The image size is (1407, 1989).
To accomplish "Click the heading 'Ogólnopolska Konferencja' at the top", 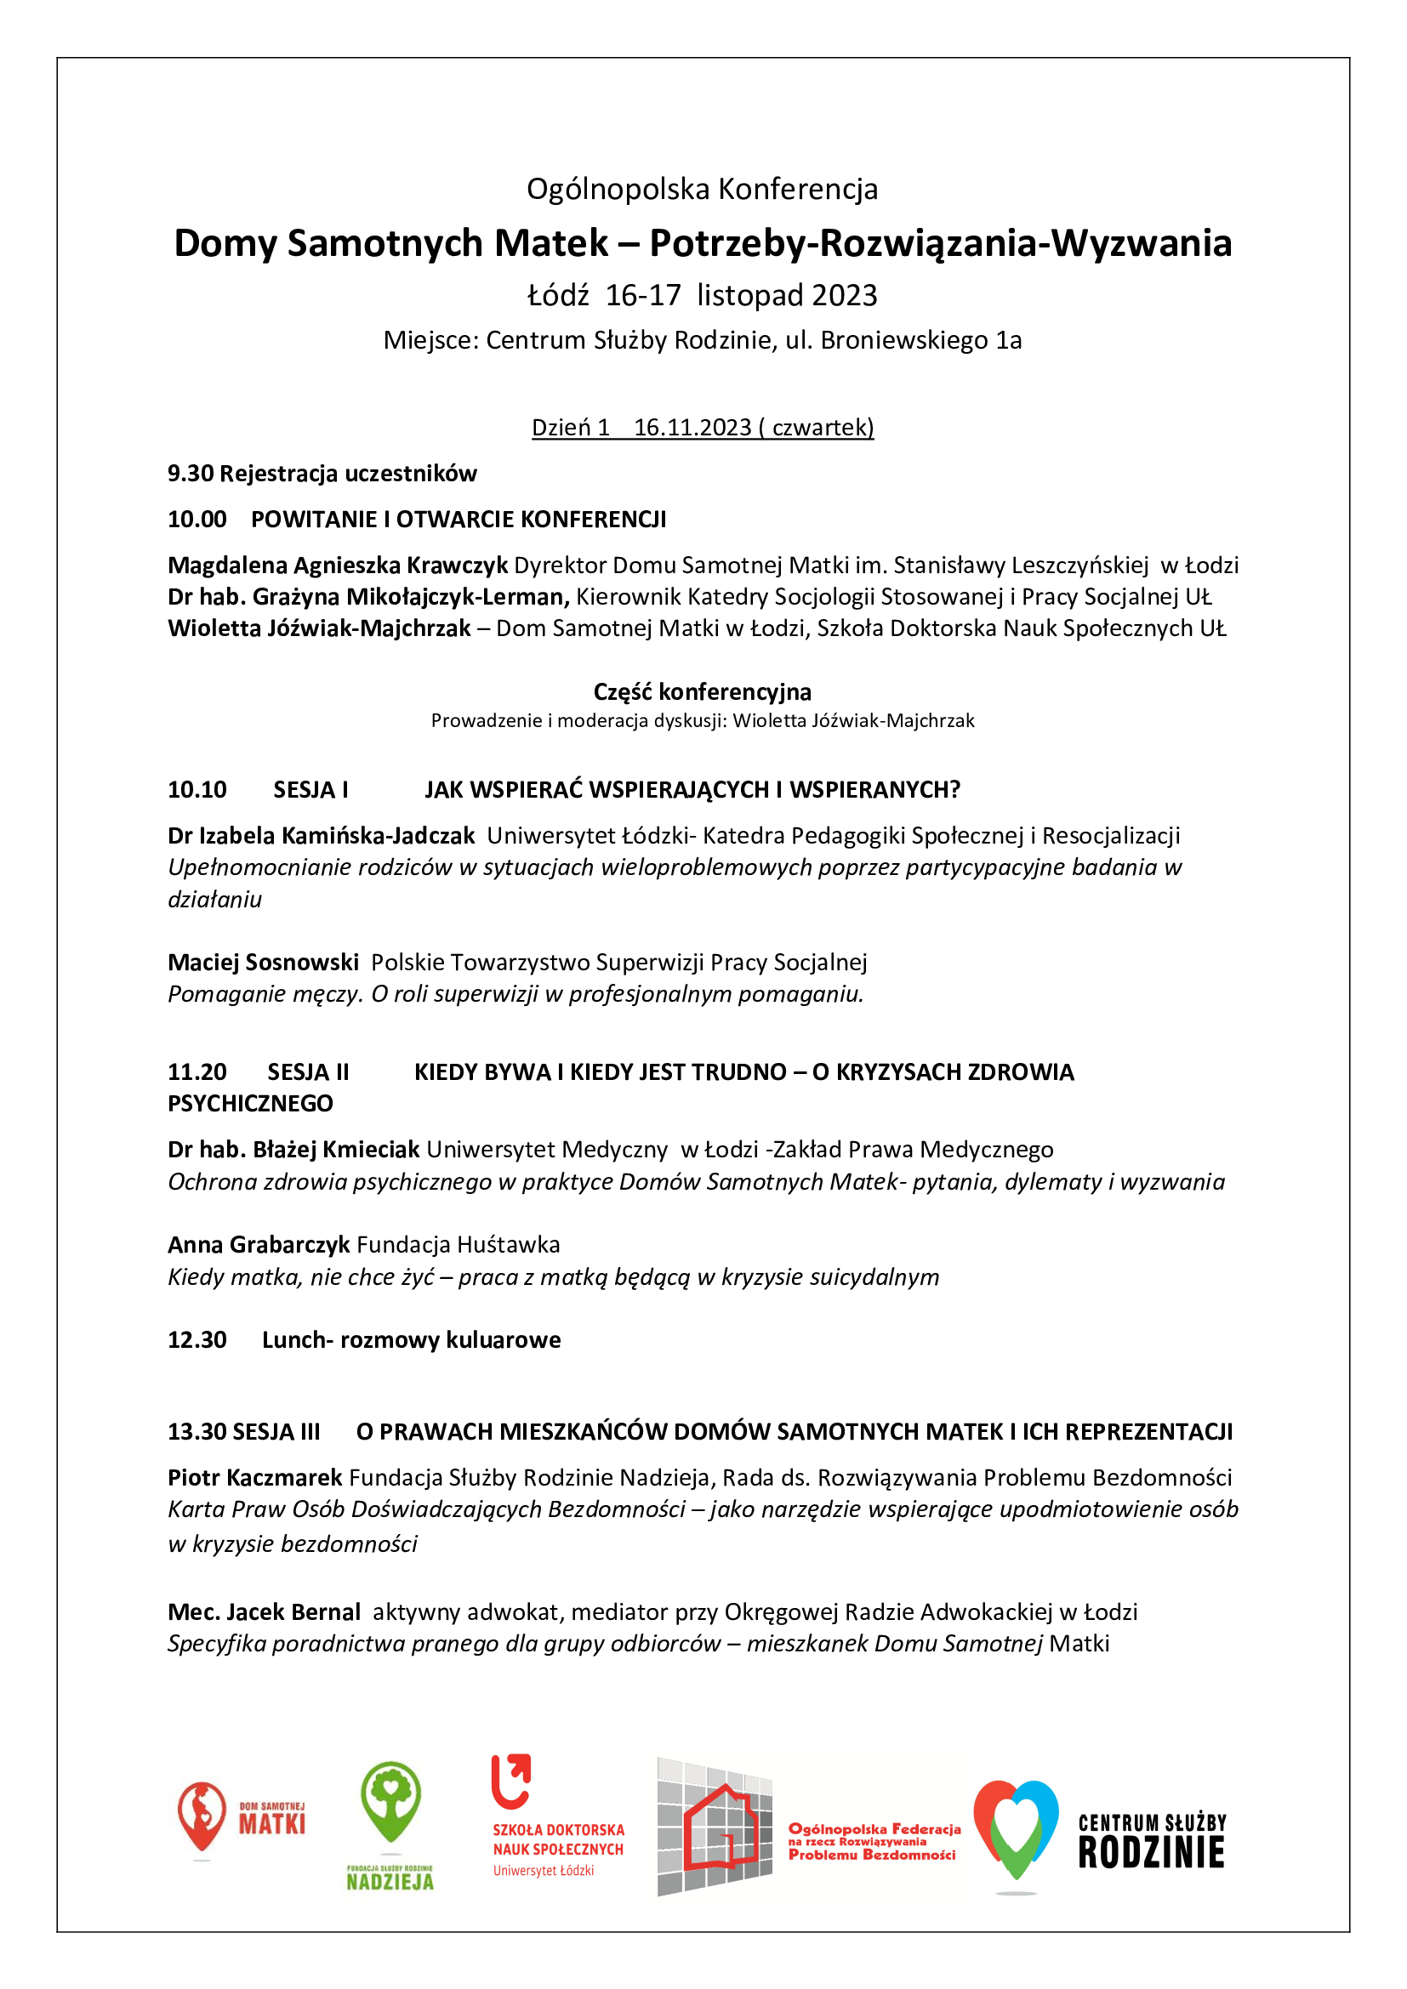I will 702,189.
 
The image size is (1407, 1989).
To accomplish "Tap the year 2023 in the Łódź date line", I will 845,295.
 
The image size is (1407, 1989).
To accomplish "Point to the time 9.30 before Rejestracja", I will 190,474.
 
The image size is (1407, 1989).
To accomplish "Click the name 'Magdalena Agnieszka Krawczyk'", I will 337,565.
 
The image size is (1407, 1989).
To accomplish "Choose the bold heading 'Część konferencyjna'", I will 702,692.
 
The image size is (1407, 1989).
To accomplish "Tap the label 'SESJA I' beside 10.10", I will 310,790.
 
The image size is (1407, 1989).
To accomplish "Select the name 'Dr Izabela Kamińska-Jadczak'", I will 321,836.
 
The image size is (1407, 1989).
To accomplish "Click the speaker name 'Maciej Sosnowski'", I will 263,963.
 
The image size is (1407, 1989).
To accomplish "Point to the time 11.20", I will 197,1072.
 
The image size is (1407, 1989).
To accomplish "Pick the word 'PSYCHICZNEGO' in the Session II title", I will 250,1104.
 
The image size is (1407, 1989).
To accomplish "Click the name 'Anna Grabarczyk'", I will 259,1245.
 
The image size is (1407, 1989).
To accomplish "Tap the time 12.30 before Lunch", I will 197,1340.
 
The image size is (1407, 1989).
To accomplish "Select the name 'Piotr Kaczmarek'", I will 254,1478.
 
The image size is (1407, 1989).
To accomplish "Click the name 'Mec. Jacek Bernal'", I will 264,1612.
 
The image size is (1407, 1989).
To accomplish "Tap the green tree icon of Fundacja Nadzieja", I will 390,1801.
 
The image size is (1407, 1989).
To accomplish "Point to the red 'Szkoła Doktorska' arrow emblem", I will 510,1782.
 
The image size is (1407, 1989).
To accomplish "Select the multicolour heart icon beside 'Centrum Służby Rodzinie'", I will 1016,1829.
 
